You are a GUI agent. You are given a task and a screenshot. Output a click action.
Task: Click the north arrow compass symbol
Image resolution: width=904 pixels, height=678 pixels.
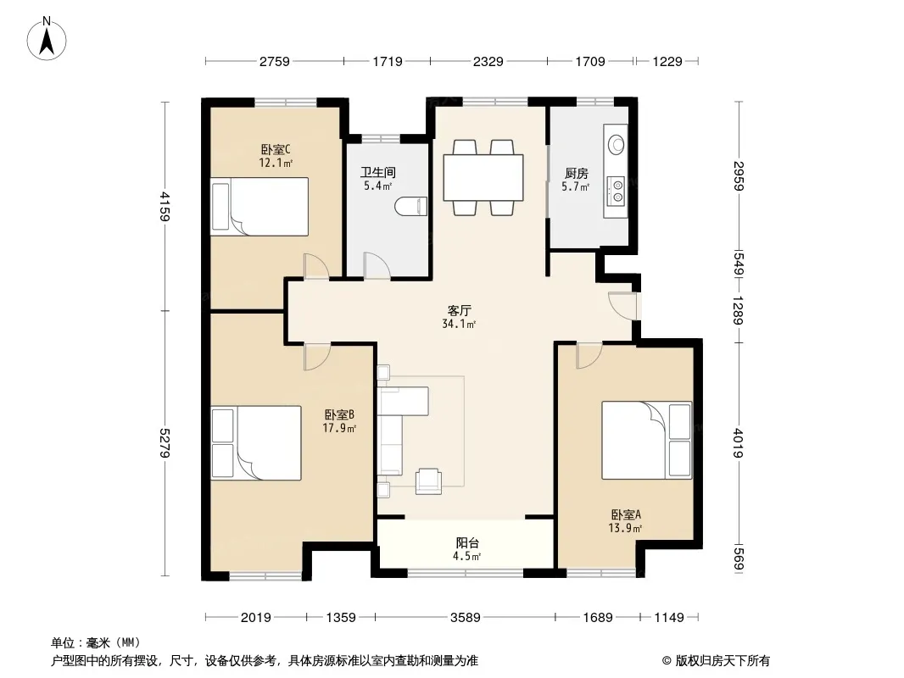(x=47, y=39)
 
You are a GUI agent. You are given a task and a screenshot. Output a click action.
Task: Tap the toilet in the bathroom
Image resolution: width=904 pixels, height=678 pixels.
(x=411, y=206)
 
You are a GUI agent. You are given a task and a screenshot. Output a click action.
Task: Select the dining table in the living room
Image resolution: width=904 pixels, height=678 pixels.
(x=483, y=177)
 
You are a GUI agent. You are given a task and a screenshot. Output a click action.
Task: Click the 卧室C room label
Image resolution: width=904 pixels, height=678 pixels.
(x=276, y=150)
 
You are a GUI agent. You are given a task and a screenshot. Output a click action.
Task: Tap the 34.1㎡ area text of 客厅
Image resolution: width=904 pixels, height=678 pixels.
(x=459, y=325)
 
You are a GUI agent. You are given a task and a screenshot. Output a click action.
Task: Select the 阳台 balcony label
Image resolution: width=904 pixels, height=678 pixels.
(x=467, y=542)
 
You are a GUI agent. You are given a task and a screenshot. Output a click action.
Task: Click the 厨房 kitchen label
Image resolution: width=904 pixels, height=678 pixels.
(x=576, y=174)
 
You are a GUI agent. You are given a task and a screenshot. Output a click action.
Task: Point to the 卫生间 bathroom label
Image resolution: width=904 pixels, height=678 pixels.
(x=378, y=172)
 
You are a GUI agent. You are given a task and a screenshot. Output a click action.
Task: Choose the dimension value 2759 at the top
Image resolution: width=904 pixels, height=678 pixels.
(x=275, y=62)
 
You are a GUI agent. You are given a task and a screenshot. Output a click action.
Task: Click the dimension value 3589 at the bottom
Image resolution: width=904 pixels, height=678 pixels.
(x=466, y=618)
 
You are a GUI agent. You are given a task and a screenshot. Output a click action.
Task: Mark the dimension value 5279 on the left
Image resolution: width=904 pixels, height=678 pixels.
(x=165, y=443)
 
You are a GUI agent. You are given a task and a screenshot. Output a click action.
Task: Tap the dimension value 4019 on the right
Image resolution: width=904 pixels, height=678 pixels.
(x=739, y=442)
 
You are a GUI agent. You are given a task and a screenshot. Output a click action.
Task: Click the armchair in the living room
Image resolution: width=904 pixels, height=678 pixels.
(x=428, y=481)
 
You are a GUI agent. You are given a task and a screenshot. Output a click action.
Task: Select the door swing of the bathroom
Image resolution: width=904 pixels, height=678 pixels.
(x=377, y=266)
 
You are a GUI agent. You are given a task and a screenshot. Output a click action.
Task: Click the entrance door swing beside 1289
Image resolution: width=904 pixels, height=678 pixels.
(x=622, y=305)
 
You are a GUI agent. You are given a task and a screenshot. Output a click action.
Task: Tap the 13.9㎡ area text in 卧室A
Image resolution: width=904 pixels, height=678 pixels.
(x=626, y=528)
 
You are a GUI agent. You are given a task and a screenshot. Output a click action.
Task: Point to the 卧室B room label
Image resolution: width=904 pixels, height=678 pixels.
(x=339, y=414)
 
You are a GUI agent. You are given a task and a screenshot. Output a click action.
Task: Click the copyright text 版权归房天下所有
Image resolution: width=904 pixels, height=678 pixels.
(x=723, y=661)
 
